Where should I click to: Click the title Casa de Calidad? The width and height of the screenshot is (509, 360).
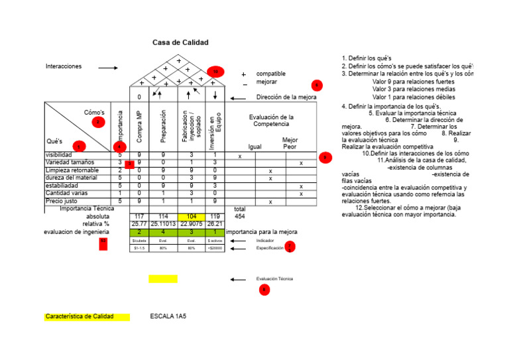[180, 42]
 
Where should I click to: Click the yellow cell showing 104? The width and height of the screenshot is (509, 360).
[191, 217]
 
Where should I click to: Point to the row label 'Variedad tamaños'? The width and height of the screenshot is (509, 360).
[70, 162]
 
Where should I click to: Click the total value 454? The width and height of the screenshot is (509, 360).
[240, 217]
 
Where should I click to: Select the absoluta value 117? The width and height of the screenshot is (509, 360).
[139, 217]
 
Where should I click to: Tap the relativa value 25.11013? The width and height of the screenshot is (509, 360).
[163, 224]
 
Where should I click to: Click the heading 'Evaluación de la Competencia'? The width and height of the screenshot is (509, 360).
[271, 121]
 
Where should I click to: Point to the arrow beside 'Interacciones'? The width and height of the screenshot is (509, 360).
[107, 68]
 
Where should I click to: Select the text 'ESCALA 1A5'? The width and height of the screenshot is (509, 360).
[168, 317]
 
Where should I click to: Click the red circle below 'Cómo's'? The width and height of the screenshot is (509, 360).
[98, 122]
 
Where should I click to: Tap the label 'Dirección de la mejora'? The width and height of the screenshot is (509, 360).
[286, 97]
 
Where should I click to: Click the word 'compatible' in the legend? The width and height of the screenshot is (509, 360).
[272, 74]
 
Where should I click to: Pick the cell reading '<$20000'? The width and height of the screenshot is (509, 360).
[215, 248]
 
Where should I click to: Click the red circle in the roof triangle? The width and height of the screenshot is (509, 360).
[215, 71]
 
